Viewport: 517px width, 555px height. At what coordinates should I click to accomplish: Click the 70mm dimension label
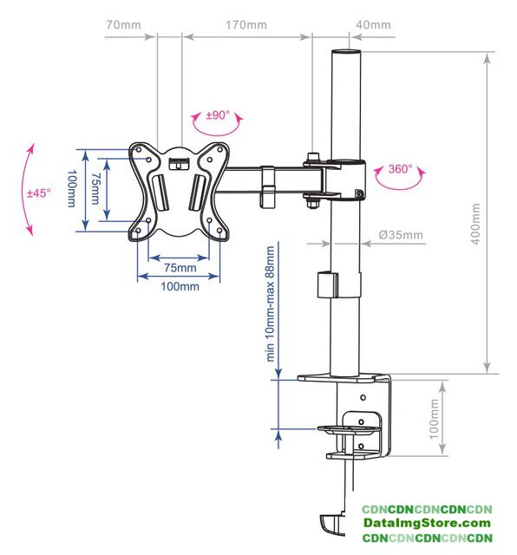click(x=123, y=25)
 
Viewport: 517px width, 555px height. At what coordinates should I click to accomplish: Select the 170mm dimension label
click(x=246, y=25)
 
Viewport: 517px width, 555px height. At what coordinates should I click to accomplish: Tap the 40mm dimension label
click(x=373, y=25)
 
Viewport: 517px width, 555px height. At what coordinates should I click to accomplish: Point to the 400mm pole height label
click(x=475, y=224)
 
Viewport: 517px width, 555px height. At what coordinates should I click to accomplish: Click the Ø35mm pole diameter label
click(x=401, y=235)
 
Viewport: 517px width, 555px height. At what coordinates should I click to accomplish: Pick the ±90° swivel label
click(x=218, y=115)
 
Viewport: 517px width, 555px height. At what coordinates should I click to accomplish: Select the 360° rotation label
click(x=401, y=169)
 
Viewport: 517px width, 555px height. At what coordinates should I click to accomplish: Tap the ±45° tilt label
click(x=39, y=193)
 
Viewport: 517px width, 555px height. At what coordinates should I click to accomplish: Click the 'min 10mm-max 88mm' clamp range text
click(x=270, y=304)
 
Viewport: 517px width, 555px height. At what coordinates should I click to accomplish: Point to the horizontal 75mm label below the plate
click(x=180, y=268)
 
